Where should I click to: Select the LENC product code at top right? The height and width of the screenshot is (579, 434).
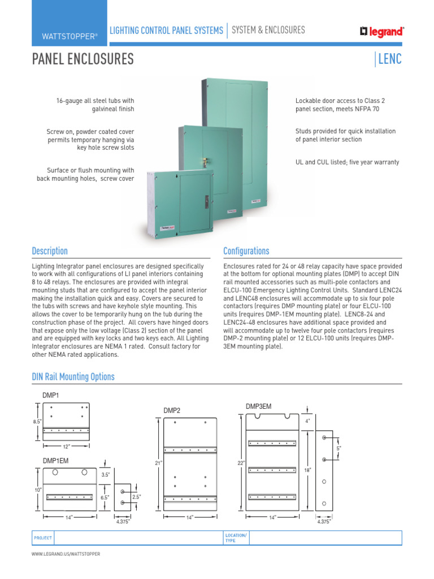click(x=390, y=59)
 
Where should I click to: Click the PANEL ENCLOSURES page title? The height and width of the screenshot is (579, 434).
click(x=83, y=59)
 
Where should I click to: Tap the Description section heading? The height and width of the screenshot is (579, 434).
click(x=50, y=251)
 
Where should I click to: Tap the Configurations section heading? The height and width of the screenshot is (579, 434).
click(x=246, y=251)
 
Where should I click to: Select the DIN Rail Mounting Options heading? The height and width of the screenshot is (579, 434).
click(x=73, y=377)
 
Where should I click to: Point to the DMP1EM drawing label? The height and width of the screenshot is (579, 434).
click(x=55, y=461)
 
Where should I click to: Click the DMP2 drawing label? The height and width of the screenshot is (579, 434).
click(x=172, y=410)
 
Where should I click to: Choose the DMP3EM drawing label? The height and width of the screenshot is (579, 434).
click(x=258, y=406)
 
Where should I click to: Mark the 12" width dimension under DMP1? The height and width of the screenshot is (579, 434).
click(x=66, y=447)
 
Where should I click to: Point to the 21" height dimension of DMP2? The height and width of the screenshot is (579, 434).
click(x=158, y=463)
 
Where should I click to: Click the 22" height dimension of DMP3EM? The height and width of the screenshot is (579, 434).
click(x=241, y=463)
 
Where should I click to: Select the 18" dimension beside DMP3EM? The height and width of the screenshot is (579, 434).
click(x=307, y=469)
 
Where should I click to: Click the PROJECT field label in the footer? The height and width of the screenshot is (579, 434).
click(x=43, y=538)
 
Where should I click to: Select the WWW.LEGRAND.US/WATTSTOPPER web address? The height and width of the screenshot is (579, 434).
click(x=66, y=554)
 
